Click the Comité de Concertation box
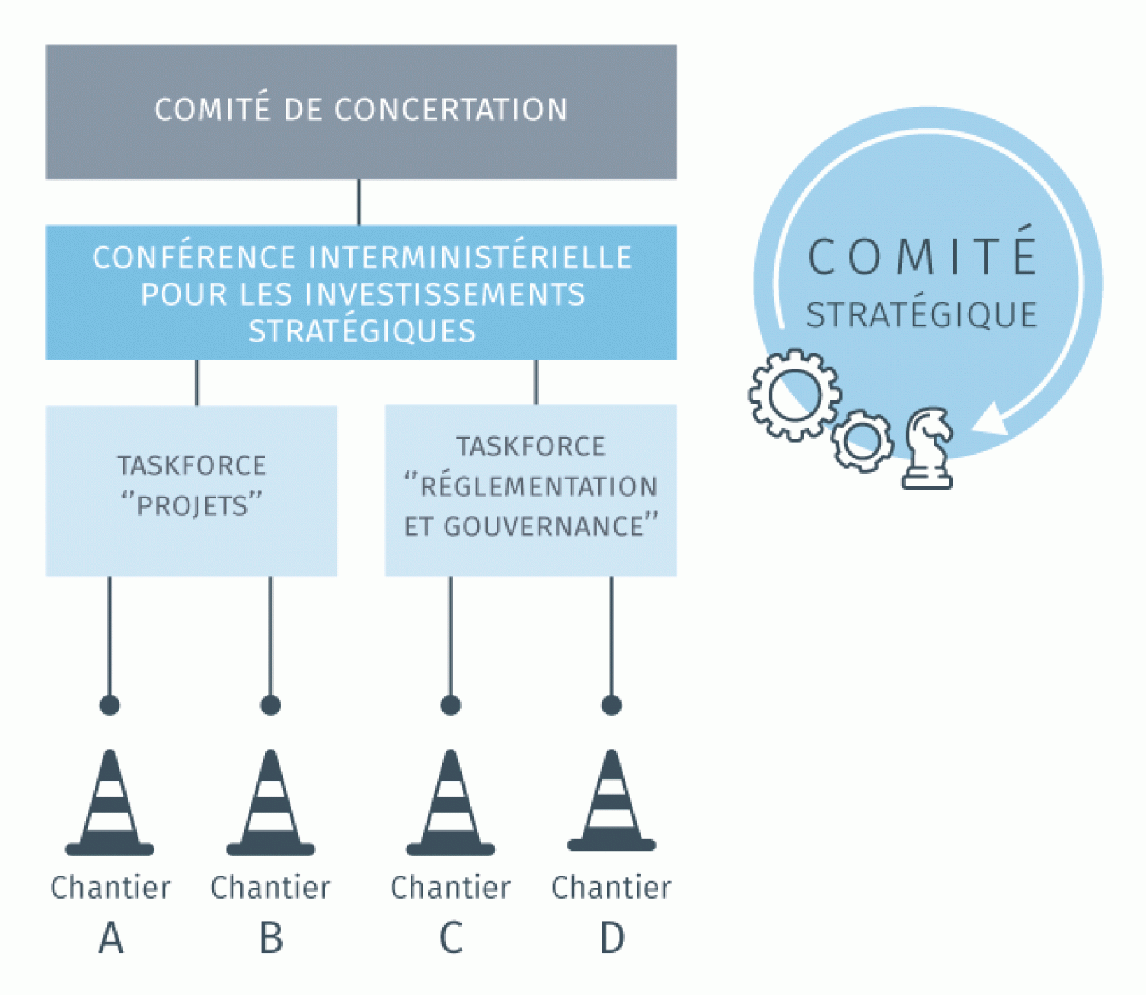pos(361,112)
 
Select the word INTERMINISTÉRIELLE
pos(470,257)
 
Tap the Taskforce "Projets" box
pos(192,491)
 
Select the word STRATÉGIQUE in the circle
pos(922,314)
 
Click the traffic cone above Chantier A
pos(110,802)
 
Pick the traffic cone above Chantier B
pos(271,802)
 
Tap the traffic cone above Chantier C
pos(450,802)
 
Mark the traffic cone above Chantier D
pos(611,800)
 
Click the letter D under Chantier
pos(612,938)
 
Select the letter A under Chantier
pos(111,938)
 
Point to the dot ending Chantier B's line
pos(271,705)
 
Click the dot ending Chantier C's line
pos(450,705)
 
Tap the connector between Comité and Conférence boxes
pos(359,202)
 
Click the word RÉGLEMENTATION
pos(538,486)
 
